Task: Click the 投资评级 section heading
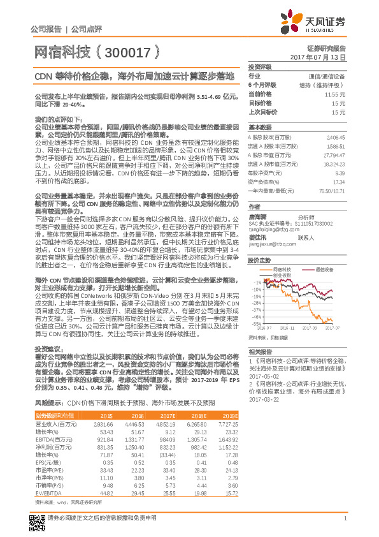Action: (260, 66)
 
